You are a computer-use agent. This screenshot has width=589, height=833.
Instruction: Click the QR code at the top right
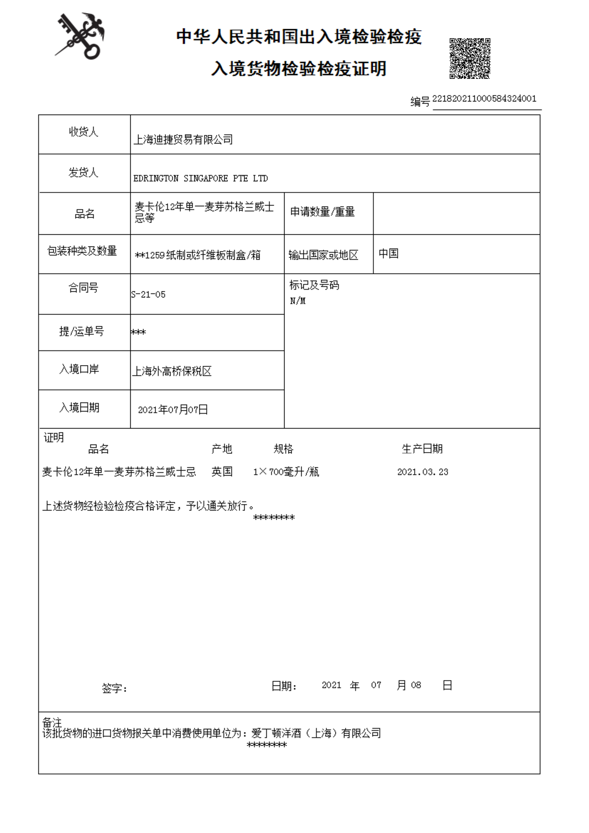pos(469,58)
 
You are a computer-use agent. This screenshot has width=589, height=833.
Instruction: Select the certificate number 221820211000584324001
pos(484,99)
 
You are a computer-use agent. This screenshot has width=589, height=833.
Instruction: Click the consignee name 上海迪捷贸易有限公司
pos(183,140)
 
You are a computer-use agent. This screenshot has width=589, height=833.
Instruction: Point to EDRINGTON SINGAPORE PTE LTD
pos(200,179)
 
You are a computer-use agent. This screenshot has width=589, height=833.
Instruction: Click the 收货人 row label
pos(84,132)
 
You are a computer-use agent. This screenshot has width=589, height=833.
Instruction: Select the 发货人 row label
pos(84,172)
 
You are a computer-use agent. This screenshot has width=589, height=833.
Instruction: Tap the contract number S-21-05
pos(148,295)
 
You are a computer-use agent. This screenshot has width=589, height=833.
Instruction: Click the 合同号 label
pos(84,288)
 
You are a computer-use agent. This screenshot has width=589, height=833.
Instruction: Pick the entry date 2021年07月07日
pos(173,410)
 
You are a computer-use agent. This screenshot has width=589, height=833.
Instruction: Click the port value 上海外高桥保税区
pos(172,371)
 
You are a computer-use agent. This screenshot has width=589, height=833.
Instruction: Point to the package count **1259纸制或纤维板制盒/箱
pos(198,255)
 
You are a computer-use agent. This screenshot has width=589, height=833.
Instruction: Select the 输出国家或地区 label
pos(323,255)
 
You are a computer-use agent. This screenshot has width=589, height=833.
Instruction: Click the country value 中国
pos(388,253)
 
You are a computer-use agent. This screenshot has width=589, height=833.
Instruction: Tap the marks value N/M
pos(297,301)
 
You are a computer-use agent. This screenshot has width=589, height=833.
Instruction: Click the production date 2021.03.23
pos(423,472)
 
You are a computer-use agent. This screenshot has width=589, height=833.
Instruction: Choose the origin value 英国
pos(222,472)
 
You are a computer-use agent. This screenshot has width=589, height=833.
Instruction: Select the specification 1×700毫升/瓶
pos(286,472)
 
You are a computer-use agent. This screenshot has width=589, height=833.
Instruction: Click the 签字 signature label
pos(114,688)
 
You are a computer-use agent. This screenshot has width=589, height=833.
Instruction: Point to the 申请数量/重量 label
pos(322,212)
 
